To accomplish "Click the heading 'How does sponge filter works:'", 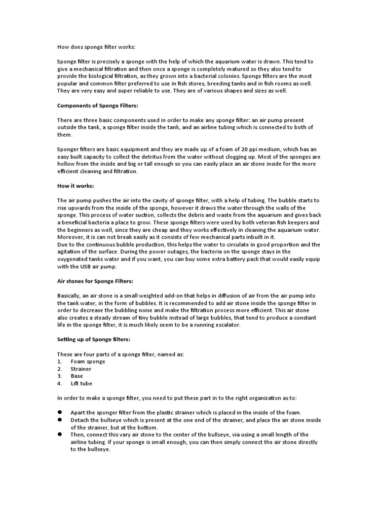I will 96,47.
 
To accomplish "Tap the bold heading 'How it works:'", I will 75,186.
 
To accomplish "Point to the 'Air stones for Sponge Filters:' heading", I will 95,281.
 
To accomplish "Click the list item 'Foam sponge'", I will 88,361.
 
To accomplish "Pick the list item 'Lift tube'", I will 81,383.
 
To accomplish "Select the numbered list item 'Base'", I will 77,376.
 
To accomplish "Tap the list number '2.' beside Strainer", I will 59,369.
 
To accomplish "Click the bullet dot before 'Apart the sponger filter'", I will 59,412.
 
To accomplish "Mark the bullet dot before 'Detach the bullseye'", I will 59,420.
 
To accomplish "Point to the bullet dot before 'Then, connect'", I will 59,434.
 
